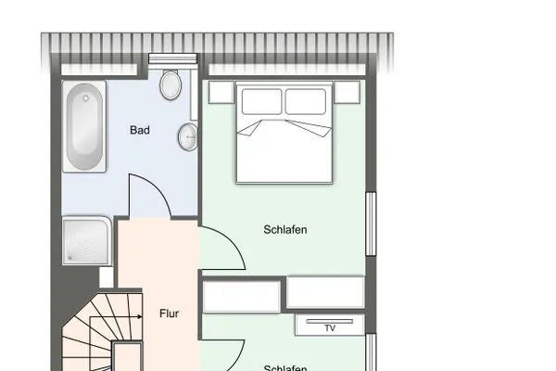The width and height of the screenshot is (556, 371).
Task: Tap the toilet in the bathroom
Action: point(171,85)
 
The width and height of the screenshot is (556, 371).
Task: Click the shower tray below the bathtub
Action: point(87,241)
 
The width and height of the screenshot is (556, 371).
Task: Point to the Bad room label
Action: point(140,131)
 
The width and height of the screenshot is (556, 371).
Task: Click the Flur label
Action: point(168,313)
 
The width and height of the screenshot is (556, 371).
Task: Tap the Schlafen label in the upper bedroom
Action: point(284,230)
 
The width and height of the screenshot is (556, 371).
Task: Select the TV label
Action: point(329,327)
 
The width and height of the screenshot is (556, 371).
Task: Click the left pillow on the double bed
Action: point(261,100)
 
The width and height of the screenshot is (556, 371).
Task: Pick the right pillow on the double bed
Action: point(307,100)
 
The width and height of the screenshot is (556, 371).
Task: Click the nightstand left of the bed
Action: point(221,92)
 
